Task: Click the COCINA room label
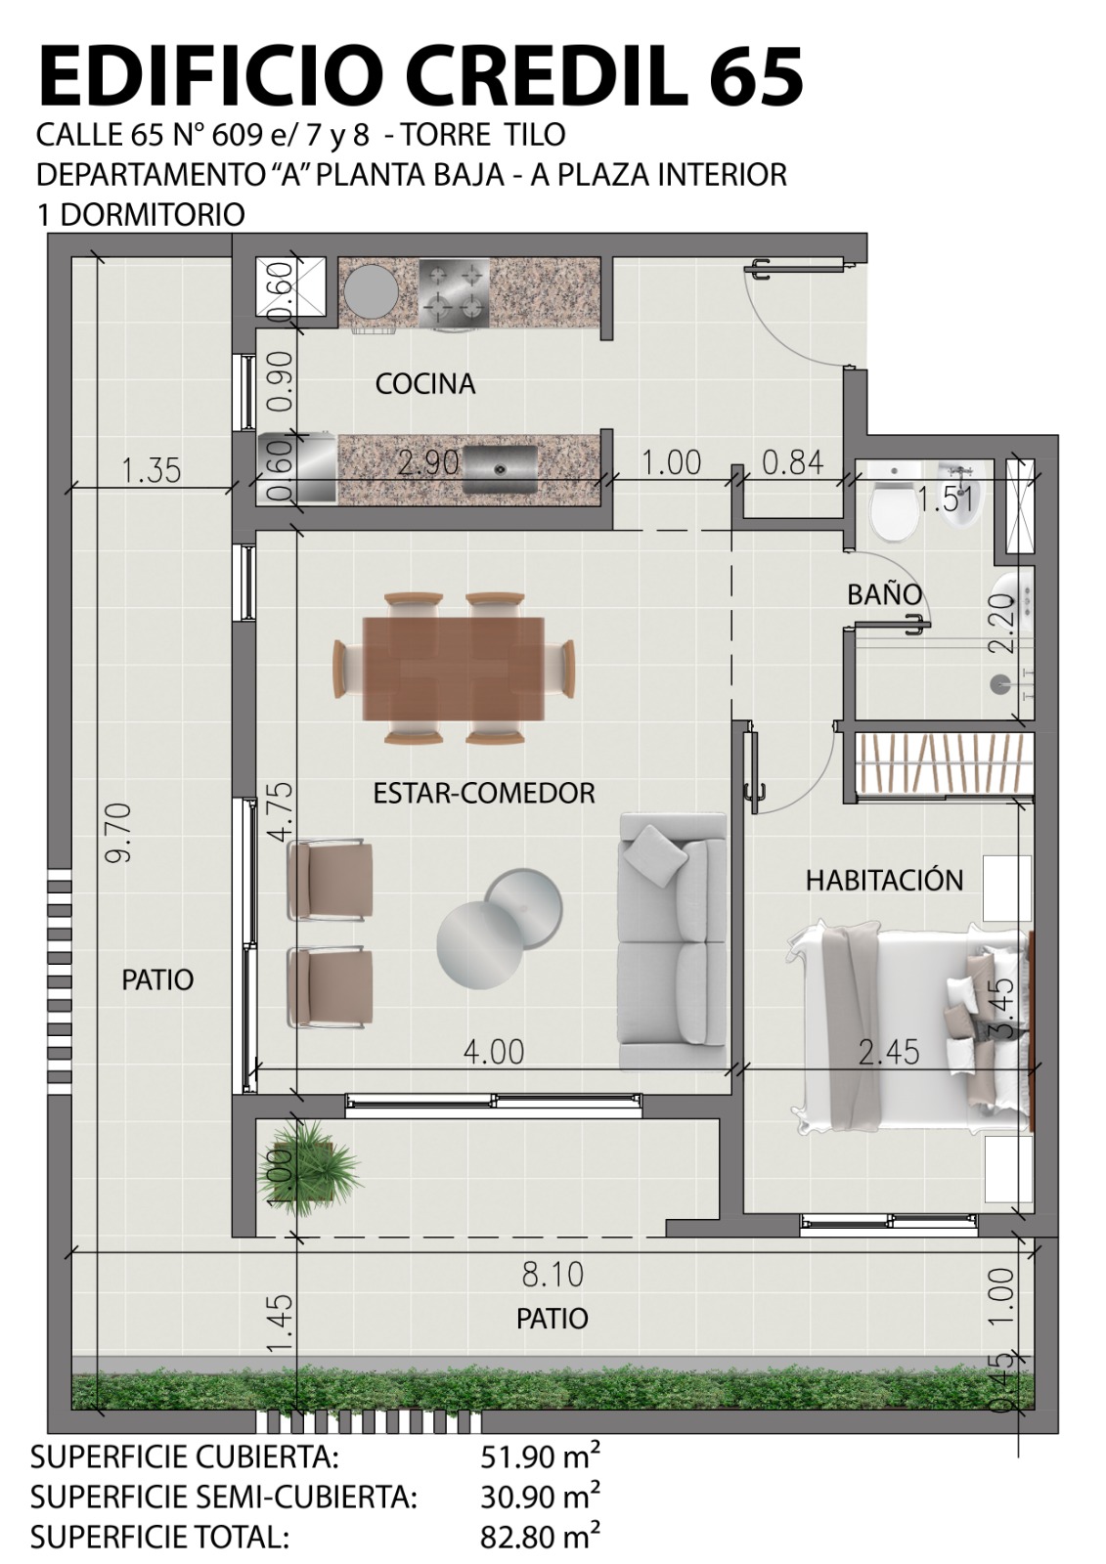tap(424, 384)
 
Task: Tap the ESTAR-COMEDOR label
tap(484, 793)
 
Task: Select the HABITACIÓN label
tap(885, 880)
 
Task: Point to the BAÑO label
tap(885, 594)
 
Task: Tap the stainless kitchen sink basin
tap(501, 468)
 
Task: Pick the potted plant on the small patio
tap(310, 1168)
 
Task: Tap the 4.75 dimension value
tap(283, 813)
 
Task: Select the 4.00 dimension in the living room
tap(493, 1052)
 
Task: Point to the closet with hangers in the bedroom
tap(944, 765)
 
